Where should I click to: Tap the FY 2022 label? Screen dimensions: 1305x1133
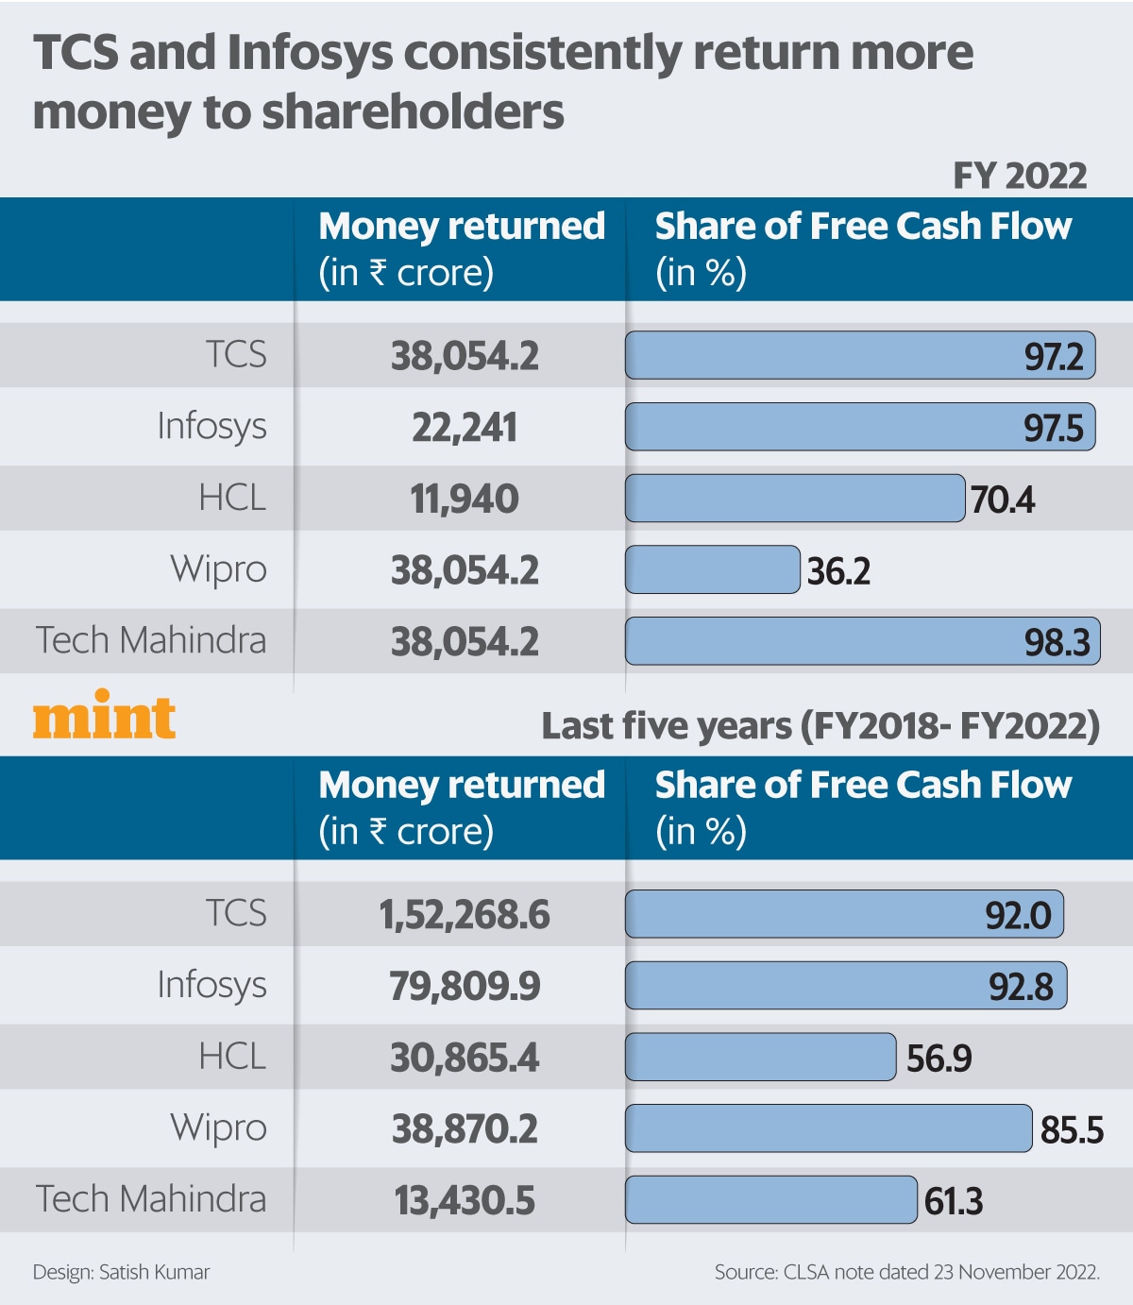tap(1019, 176)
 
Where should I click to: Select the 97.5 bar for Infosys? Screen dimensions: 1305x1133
tap(859, 427)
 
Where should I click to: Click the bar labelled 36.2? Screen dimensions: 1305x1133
tap(712, 569)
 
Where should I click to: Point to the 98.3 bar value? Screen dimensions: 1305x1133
tap(1057, 642)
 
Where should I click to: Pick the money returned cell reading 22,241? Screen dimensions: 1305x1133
tap(464, 428)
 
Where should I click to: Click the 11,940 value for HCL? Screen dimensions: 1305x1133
tap(464, 499)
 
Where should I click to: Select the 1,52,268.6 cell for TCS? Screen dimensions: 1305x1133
tap(464, 915)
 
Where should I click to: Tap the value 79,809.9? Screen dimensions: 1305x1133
tap(464, 987)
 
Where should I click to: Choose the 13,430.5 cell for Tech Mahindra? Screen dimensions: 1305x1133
tap(464, 1201)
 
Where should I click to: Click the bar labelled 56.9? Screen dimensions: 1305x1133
tap(760, 1057)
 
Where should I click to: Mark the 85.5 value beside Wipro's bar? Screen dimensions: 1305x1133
tap(1072, 1129)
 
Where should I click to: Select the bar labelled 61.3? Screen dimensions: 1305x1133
tap(770, 1199)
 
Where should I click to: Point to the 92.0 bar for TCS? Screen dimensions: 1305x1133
tap(844, 914)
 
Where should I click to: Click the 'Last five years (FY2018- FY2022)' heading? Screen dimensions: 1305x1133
tap(820, 726)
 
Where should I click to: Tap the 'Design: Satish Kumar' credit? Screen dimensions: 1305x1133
tap(121, 1272)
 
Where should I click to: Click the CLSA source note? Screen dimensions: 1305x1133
tap(906, 1272)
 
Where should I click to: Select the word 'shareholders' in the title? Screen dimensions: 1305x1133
tap(412, 112)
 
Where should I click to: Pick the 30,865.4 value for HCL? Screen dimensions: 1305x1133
tap(464, 1058)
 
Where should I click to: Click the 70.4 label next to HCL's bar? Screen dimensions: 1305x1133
tap(1002, 500)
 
